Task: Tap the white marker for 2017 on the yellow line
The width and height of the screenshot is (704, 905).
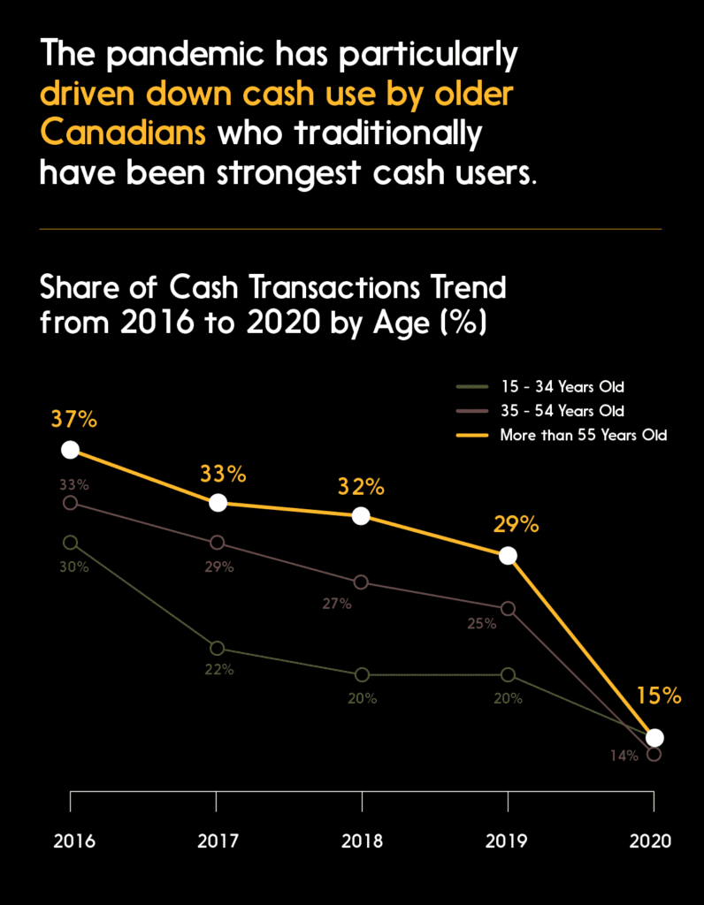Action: pos(218,503)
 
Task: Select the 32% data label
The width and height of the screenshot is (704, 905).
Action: pos(361,487)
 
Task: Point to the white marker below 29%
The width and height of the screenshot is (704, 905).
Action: pos(508,555)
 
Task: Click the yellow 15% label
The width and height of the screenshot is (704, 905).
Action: pos(658,696)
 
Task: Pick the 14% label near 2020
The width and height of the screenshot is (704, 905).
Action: pos(623,756)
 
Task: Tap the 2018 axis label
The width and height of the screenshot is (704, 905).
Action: pos(362,840)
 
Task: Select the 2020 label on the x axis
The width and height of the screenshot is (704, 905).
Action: pos(653,840)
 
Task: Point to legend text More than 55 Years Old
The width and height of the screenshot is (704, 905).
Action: pos(583,435)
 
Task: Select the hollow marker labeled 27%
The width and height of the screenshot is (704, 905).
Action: pos(361,582)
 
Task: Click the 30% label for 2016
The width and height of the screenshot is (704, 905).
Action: pos(74,567)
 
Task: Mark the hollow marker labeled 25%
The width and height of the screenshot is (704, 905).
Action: pos(508,609)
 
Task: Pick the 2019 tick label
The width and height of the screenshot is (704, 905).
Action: pos(508,840)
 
